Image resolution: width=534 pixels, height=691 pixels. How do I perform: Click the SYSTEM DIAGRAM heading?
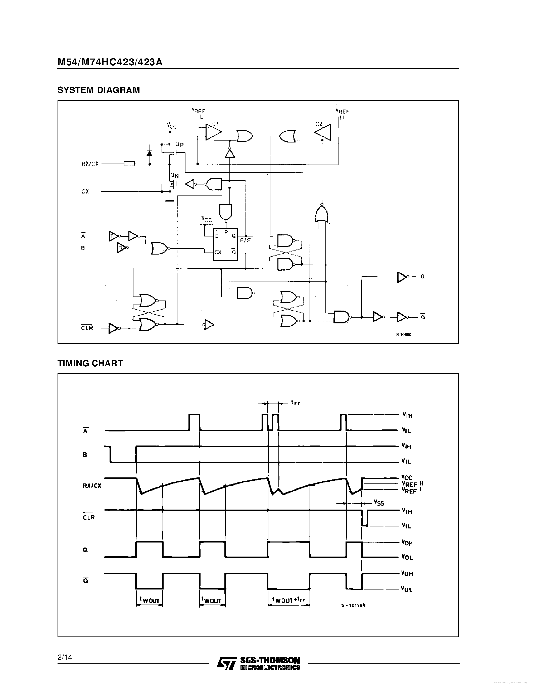pos(99,90)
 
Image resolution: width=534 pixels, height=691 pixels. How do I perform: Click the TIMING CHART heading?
pos(90,363)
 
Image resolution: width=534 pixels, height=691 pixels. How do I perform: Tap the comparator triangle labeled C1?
pos(213,132)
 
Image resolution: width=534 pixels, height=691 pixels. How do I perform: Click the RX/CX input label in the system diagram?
pos(90,164)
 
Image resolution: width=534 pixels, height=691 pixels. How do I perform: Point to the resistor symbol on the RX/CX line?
pos(129,164)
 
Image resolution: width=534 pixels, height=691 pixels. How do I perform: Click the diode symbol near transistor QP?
pos(149,154)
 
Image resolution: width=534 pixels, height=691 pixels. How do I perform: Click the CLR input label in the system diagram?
pos(87,328)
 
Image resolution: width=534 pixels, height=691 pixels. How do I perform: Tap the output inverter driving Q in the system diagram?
pos(402,277)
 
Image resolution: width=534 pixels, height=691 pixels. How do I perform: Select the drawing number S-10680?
pos(403,334)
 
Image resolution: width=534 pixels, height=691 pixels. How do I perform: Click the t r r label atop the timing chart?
pos(296,403)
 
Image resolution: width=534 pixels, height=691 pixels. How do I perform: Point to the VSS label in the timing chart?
pos(379,503)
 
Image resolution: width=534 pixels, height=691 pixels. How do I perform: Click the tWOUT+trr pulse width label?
pos(288,600)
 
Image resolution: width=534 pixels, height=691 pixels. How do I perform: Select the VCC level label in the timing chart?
pos(407,477)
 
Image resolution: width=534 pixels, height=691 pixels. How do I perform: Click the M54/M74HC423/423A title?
pos(110,62)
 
